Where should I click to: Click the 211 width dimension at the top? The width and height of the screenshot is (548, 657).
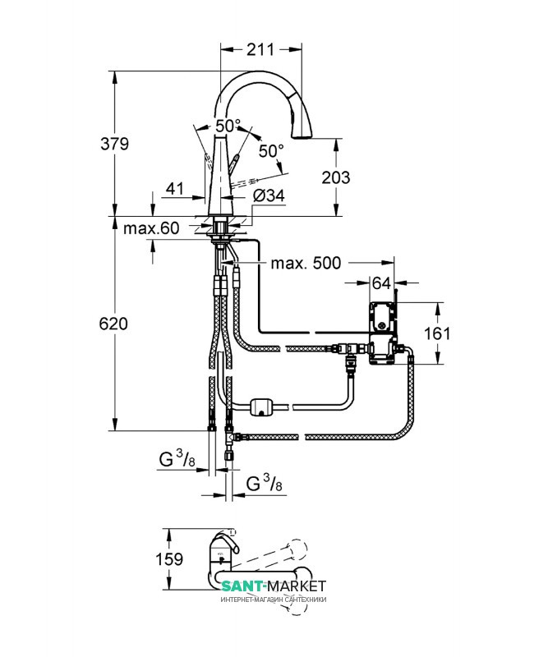point(260,49)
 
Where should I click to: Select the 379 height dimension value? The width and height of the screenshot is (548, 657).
point(114,144)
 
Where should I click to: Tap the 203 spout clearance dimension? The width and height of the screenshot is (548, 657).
point(336,177)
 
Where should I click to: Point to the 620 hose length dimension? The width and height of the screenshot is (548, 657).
point(113,324)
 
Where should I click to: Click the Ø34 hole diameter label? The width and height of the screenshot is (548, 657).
point(269,195)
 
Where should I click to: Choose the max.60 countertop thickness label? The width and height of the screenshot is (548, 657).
point(151,228)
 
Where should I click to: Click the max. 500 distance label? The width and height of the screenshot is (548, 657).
point(306,263)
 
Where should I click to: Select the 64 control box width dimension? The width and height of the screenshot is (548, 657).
point(381,283)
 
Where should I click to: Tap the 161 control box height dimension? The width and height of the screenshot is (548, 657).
point(437,333)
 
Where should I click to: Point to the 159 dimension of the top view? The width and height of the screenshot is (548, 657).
point(169,559)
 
